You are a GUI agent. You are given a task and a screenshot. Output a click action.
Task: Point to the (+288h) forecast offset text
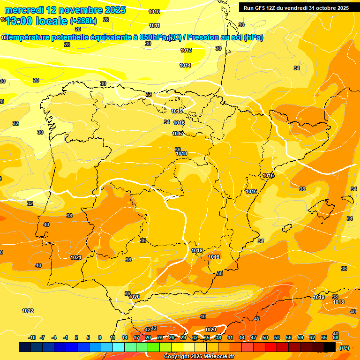(x=83, y=21)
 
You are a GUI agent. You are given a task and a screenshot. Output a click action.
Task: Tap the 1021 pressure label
(x=76, y=257)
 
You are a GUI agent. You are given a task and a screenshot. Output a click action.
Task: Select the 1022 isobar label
(x=28, y=311)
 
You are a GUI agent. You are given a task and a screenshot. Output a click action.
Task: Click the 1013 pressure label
(x=186, y=50)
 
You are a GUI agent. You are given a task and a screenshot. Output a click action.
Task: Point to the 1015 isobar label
(x=177, y=111)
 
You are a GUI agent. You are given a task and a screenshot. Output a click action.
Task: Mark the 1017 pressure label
(x=178, y=134)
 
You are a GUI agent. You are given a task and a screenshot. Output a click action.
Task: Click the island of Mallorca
(x=325, y=205)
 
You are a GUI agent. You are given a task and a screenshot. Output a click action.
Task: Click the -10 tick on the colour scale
(x=32, y=337)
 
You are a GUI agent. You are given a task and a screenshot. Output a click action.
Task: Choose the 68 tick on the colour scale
(x=336, y=337)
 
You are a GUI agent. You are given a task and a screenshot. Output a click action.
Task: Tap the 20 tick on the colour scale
(x=148, y=337)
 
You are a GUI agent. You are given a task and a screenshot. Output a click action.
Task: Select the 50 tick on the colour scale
(x=265, y=337)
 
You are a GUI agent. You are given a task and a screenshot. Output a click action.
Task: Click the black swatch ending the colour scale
(x=330, y=347)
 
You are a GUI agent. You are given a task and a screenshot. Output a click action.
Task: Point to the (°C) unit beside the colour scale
(x=345, y=348)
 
